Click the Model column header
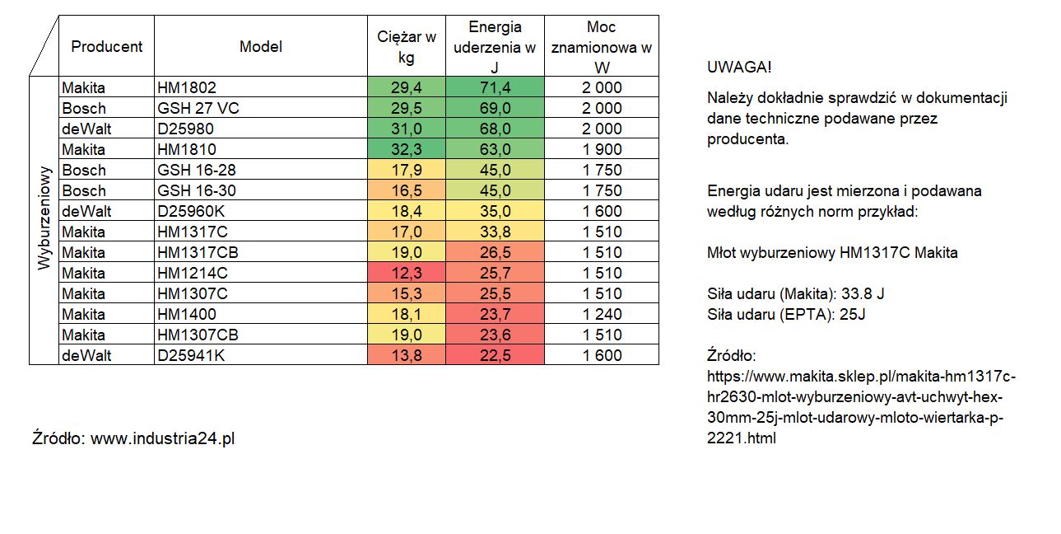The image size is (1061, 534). (x=260, y=46)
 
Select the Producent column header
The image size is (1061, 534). (x=106, y=46)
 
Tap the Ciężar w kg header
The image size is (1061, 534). (x=406, y=46)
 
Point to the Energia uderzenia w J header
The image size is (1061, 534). (x=495, y=46)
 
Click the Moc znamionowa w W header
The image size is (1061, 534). (x=601, y=46)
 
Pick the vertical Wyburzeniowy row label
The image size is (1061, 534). (x=44, y=220)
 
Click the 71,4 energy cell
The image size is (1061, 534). (x=495, y=87)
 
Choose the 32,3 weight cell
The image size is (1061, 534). (x=406, y=149)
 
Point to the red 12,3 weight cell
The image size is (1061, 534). (x=406, y=273)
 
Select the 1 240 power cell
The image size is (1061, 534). (x=601, y=314)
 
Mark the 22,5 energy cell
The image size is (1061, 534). (x=495, y=355)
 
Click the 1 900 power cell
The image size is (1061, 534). (x=601, y=149)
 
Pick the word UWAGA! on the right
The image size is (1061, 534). (x=739, y=67)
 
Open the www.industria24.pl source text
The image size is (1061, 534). (x=162, y=438)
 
